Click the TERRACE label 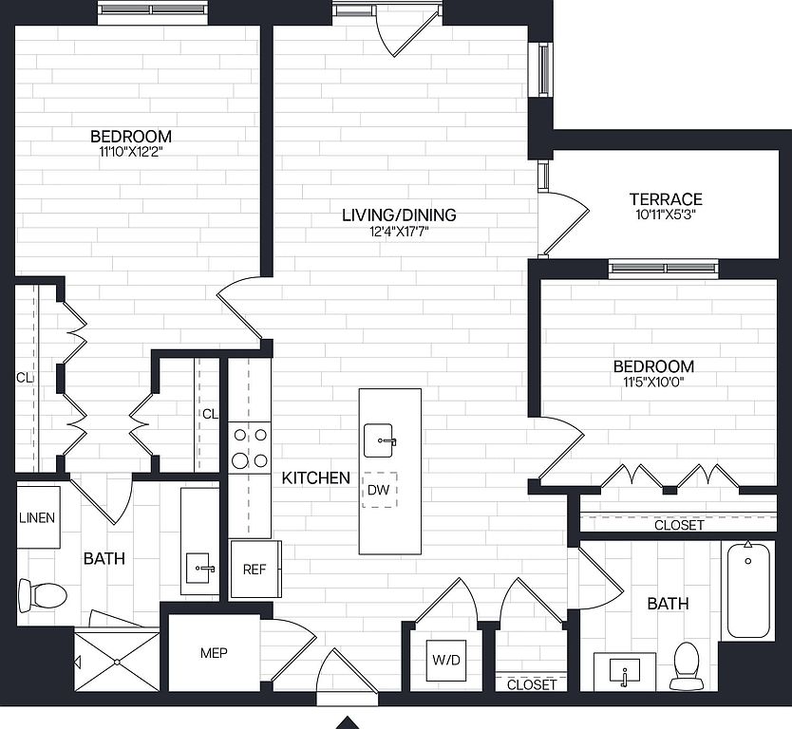[666, 199]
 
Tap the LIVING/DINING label [399, 215]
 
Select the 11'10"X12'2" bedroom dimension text [131, 152]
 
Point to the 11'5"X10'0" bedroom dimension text [653, 383]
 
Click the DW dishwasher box [379, 490]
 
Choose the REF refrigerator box [255, 569]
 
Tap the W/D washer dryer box [446, 660]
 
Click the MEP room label [214, 653]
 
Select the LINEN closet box [38, 517]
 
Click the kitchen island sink [378, 440]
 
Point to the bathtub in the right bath [748, 591]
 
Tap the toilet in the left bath [43, 595]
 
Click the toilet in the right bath [686, 665]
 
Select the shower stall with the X [117, 661]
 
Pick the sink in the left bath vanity [198, 568]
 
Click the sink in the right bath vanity [625, 672]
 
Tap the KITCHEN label [315, 478]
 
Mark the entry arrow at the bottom [348, 722]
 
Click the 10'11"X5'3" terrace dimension [666, 215]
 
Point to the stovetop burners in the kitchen [250, 447]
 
